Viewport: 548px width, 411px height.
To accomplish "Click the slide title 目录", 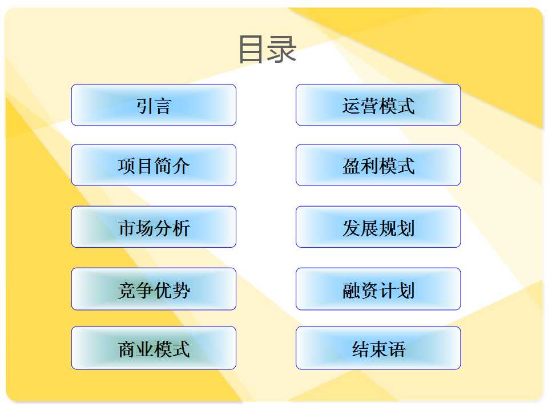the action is (268, 49).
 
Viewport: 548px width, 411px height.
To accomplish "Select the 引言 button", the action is (154, 105).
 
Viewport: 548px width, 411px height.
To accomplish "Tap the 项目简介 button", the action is (154, 165).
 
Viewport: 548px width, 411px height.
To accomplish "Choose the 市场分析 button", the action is (154, 227).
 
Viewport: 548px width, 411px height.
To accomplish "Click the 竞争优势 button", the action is (154, 289).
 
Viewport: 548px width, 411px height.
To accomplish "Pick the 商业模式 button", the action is (154, 348).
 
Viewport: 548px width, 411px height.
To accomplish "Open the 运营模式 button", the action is (378, 105).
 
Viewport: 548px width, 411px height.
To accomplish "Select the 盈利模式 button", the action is (378, 165).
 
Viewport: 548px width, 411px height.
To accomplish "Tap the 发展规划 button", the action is (378, 227).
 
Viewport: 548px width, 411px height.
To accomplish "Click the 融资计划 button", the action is (378, 289).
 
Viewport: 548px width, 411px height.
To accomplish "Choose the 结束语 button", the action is (378, 348).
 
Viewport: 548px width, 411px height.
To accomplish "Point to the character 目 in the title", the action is (252, 49).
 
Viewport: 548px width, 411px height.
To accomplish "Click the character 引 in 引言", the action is (144, 106).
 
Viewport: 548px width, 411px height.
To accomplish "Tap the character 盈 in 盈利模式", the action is (351, 166).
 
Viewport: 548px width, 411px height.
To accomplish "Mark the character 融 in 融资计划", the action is (351, 291).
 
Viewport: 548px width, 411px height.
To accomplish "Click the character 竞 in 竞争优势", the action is (127, 291).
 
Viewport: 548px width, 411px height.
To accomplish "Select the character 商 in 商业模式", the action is (127, 349).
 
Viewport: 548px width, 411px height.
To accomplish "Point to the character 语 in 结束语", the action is (397, 349).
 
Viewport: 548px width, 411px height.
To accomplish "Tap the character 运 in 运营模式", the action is (351, 106).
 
